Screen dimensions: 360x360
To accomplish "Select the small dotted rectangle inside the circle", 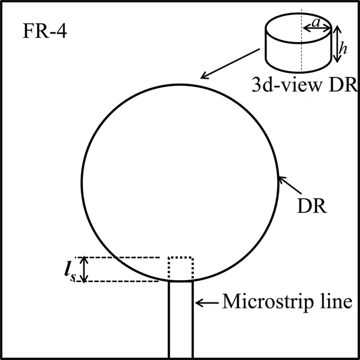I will click(181, 269).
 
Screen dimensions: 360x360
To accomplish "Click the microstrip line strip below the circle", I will click(180, 318).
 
